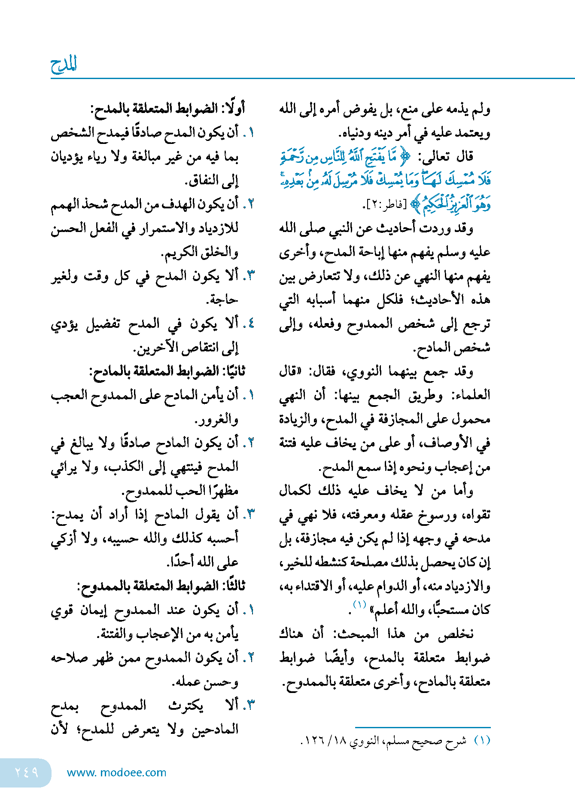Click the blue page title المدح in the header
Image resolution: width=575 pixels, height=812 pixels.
64,65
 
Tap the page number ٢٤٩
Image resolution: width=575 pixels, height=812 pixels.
27,772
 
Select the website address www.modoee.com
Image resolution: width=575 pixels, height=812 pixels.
116,772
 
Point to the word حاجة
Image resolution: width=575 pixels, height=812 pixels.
223,299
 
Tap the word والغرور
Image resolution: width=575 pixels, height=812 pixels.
217,419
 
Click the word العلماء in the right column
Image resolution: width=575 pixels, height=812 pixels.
471,395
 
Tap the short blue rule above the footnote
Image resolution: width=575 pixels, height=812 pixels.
423,727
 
